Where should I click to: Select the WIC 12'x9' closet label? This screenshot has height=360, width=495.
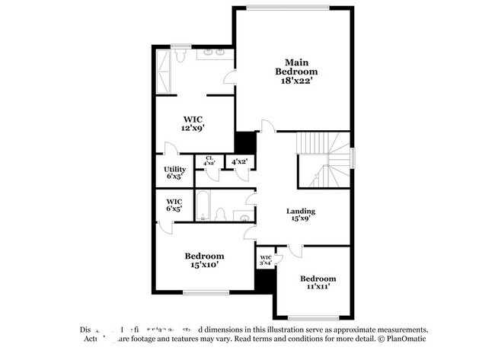(191, 124)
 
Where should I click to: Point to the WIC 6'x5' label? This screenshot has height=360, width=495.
(174, 205)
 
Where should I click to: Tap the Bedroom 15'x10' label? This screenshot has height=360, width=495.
(205, 260)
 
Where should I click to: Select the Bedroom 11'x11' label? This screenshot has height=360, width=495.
(317, 283)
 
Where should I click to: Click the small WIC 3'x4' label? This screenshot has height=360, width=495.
(266, 260)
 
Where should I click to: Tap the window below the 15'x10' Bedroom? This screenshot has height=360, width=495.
(205, 292)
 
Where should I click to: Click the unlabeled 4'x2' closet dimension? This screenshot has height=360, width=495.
(240, 161)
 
